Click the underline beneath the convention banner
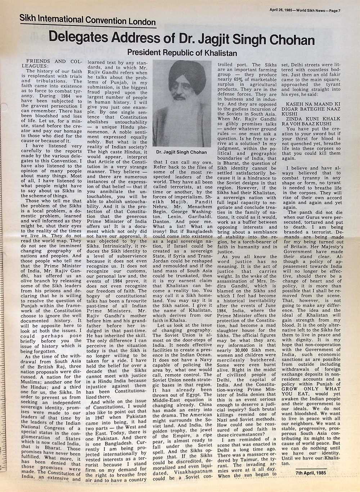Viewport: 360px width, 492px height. coord(88,27)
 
